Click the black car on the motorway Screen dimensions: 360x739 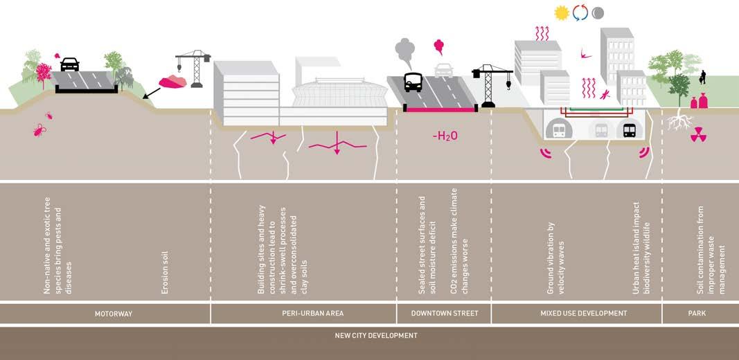click(70, 64)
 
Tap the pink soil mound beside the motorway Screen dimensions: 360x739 click(172, 82)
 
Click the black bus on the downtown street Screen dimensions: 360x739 click(413, 82)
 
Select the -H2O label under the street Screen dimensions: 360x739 click(445, 136)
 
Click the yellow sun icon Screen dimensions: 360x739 click(562, 12)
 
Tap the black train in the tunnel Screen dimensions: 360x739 click(630, 129)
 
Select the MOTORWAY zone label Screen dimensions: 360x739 click(114, 314)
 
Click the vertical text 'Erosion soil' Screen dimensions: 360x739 click(165, 271)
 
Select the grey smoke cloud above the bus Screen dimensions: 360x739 click(404, 50)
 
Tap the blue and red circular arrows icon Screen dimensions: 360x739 click(580, 12)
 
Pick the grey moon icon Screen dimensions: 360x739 click(598, 12)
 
